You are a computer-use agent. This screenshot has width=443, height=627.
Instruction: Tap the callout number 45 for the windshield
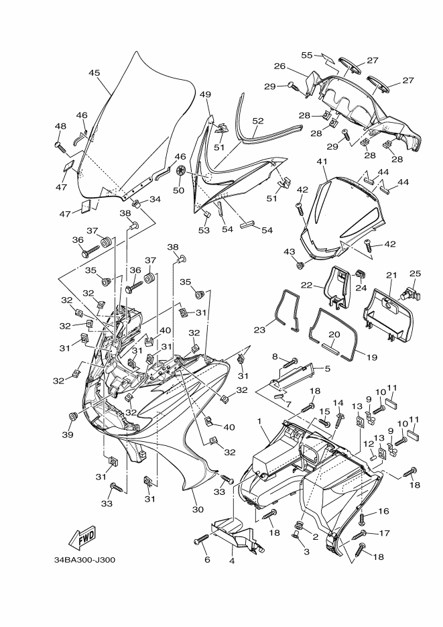point(94,73)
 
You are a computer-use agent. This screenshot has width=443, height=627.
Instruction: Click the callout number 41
point(322,162)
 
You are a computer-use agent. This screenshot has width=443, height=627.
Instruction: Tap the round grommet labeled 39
point(73,418)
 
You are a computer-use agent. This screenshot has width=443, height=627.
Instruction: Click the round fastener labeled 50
point(180,172)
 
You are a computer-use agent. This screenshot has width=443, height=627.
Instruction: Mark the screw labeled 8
point(291,363)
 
